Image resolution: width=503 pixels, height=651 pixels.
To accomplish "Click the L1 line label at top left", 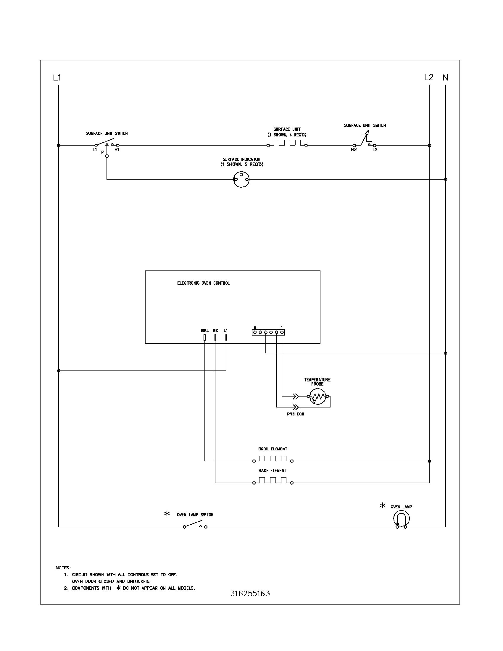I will pos(57,78).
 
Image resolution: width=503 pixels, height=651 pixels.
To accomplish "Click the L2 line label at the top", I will pos(428,78).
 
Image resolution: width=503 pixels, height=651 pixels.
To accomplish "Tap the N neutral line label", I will pos(445,78).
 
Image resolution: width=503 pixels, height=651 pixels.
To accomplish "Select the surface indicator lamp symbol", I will pos(241,179).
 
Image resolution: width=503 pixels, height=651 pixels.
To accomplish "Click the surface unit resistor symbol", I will pos(287,143).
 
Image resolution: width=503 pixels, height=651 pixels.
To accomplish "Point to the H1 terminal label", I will pos(117,150).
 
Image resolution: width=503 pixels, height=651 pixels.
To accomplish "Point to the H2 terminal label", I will pos(353,150).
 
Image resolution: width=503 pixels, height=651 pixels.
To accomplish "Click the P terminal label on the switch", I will pos(102,152).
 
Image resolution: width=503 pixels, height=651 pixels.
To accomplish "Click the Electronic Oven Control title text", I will pos(203,283).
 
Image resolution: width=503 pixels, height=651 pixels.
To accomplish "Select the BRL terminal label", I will pos(205,331).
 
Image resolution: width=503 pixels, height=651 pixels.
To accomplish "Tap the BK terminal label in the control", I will pos(215,331).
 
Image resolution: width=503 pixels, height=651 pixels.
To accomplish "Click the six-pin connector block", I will pos(268,332).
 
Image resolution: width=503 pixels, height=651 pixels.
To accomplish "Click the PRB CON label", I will pos(295,414).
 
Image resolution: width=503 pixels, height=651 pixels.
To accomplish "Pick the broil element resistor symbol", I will pos(273,459).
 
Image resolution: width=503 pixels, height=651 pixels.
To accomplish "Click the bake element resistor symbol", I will pos(273,481).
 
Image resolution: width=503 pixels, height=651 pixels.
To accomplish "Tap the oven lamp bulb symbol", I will pos(401,519).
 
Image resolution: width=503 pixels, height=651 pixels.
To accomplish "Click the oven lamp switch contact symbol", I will pos(195,524).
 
